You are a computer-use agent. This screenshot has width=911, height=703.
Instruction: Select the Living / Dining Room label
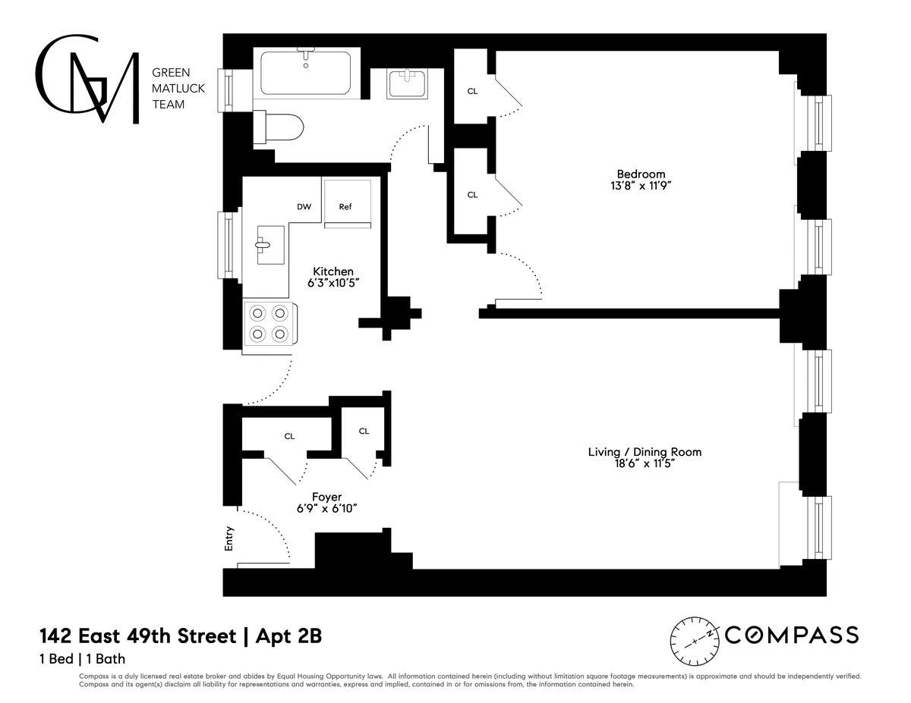coord(645,452)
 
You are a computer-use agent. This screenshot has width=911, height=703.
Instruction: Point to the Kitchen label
coord(333,271)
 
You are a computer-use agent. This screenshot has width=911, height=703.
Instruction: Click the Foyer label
coord(326,497)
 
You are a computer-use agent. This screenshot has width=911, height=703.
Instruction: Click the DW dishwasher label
coord(304,206)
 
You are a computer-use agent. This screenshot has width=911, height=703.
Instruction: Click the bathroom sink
coord(407,83)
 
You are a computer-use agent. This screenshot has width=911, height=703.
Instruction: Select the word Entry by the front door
coord(230,538)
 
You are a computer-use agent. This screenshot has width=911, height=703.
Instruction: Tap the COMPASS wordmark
coord(792,635)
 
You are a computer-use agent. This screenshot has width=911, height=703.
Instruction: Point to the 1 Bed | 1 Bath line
coord(82,659)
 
